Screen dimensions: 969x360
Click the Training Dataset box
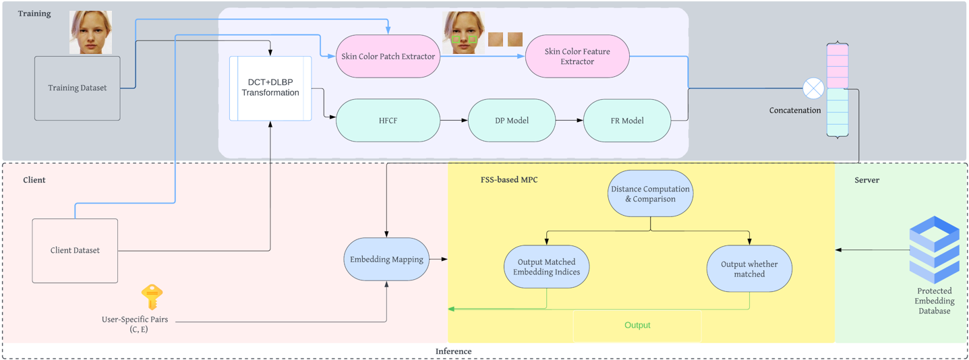(x=78, y=88)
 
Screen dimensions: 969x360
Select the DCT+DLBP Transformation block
(x=270, y=88)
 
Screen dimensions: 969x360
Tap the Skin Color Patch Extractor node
(x=388, y=56)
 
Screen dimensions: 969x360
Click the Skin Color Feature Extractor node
(x=577, y=56)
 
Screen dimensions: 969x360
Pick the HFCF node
(x=388, y=120)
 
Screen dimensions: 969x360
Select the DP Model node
(x=512, y=120)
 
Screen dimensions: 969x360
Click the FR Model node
(x=627, y=120)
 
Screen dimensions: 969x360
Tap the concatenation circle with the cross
(x=814, y=88)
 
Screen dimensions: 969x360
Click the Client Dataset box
(x=75, y=251)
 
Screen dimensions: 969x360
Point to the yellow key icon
(x=152, y=297)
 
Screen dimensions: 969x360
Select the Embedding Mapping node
(x=386, y=259)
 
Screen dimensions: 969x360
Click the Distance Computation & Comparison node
(x=650, y=193)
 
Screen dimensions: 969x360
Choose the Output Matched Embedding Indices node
(x=546, y=267)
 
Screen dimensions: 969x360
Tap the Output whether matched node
(x=749, y=269)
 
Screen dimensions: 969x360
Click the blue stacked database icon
(x=935, y=249)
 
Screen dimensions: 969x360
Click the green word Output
(x=637, y=325)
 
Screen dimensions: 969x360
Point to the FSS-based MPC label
(x=509, y=179)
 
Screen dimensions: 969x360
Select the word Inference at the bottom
(x=453, y=351)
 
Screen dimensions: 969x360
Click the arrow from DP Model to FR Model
(x=569, y=120)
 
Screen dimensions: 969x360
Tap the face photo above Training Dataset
(x=91, y=32)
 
